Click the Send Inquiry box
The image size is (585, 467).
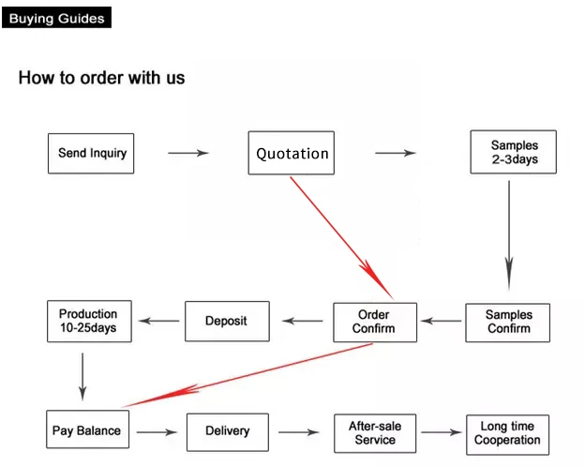click(91, 154)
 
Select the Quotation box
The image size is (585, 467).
click(292, 153)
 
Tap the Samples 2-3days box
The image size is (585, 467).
click(514, 152)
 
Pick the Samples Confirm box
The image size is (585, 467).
click(508, 323)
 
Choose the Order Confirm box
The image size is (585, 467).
click(375, 323)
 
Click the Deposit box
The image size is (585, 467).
click(227, 322)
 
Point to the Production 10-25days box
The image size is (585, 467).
click(90, 321)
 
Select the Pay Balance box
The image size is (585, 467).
click(88, 429)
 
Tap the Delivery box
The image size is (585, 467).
click(228, 432)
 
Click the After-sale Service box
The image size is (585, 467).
click(375, 433)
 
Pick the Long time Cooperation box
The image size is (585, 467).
click(508, 435)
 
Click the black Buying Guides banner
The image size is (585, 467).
click(56, 17)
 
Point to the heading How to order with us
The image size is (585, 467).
click(102, 78)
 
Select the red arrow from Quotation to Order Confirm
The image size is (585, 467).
click(342, 238)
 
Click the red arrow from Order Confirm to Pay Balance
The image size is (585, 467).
click(247, 375)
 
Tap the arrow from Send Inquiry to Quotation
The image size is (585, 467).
click(188, 153)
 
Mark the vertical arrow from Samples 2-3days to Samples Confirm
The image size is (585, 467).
click(509, 235)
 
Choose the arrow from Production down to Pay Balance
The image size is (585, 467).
click(82, 377)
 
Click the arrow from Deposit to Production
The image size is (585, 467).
click(158, 321)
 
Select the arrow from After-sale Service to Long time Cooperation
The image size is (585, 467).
click(442, 432)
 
